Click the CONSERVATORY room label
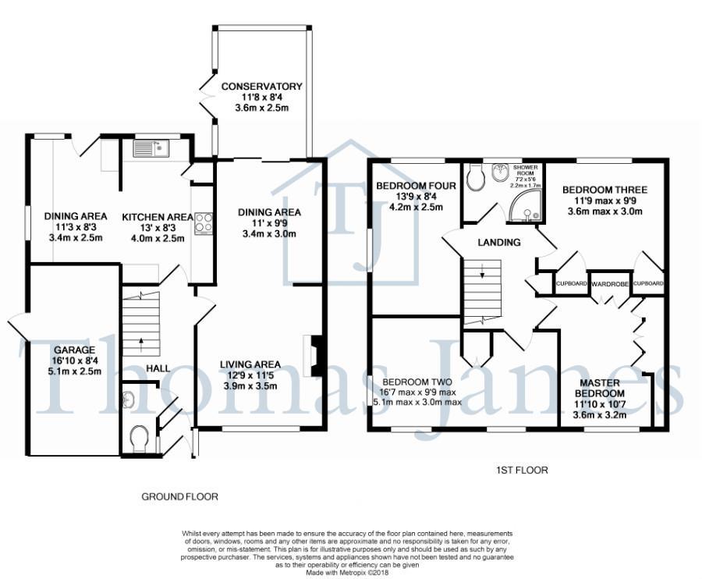262,86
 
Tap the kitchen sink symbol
150,149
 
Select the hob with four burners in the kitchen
204,223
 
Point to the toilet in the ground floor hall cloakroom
139,438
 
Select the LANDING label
499,242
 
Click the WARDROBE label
611,284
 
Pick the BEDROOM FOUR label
416,186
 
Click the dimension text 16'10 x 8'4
75,361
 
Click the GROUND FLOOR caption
179,496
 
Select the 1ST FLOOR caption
522,471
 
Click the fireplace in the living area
313,356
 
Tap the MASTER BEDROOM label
600,389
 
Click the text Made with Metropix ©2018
347,573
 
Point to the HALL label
158,368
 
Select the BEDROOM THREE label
604,190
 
